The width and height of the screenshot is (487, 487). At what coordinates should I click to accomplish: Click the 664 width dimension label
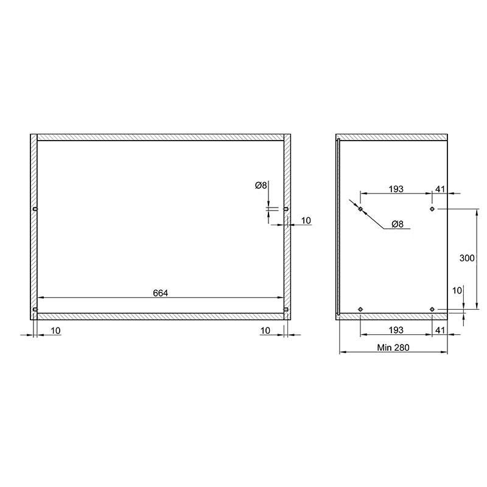[x=160, y=293]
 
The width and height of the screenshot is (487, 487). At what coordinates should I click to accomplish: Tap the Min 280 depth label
[x=393, y=348]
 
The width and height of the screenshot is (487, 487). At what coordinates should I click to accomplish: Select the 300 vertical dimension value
[x=467, y=258]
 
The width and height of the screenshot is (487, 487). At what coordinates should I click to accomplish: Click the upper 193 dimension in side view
[x=396, y=189]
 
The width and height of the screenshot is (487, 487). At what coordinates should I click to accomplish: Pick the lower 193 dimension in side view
[x=396, y=330]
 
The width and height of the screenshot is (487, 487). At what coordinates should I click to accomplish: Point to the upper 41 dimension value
[x=440, y=189]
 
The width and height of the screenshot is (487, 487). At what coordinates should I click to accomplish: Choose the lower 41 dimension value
[x=440, y=330]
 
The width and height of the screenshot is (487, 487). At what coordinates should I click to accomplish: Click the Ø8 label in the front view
[x=261, y=186]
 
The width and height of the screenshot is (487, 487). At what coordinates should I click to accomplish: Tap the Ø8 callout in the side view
[x=398, y=224]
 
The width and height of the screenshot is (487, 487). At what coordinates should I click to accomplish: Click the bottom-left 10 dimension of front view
[x=55, y=331]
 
